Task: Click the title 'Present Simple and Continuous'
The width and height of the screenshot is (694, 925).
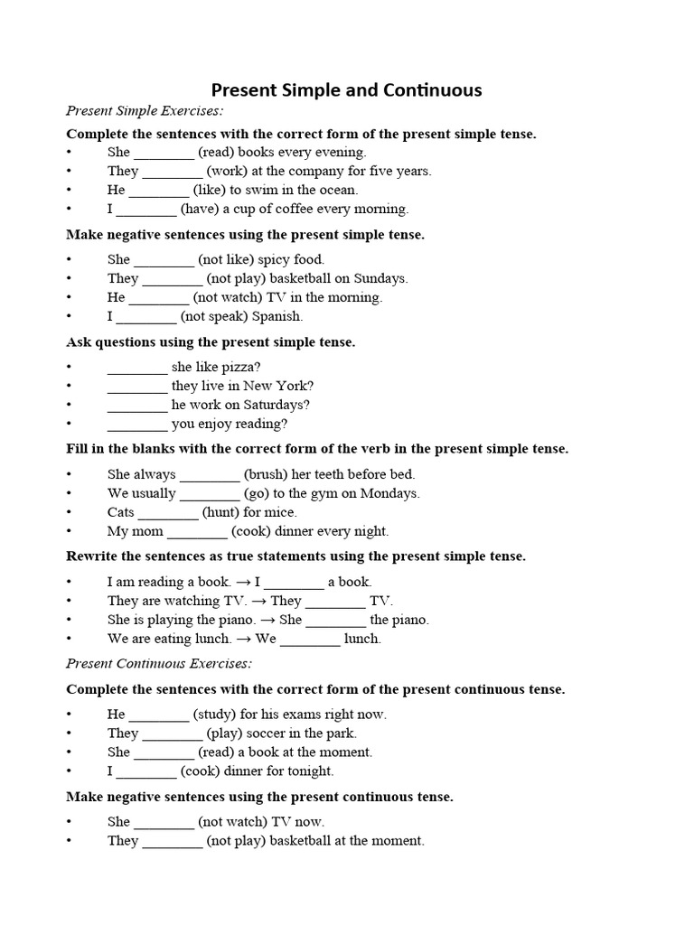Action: pyautogui.click(x=346, y=90)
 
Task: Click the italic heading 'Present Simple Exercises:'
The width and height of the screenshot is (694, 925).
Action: pyautogui.click(x=145, y=111)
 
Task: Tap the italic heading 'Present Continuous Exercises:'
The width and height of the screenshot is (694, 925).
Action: pyautogui.click(x=159, y=664)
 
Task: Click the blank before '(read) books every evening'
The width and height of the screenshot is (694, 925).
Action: pyautogui.click(x=164, y=154)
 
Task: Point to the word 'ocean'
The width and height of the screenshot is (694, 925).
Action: pyautogui.click(x=336, y=190)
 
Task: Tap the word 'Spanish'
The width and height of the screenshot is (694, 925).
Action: pyautogui.click(x=277, y=316)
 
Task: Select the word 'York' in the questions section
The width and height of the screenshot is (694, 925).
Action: pyautogui.click(x=294, y=386)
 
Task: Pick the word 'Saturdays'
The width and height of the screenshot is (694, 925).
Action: pyautogui.click(x=276, y=405)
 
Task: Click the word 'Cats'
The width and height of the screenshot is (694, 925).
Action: pyautogui.click(x=121, y=512)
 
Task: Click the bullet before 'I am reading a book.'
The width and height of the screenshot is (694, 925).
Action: pyautogui.click(x=69, y=583)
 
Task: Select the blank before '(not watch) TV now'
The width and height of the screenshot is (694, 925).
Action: pyautogui.click(x=164, y=823)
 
